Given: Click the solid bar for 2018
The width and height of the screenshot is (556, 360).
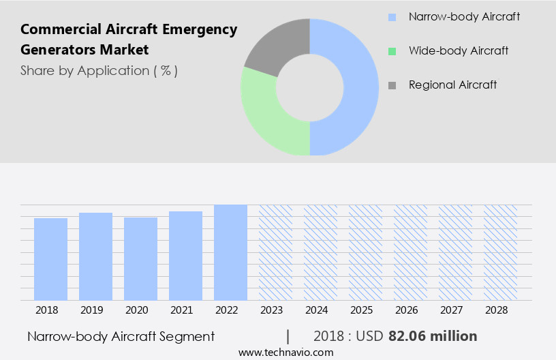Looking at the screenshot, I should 50,259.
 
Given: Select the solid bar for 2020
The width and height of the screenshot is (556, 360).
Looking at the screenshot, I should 140,259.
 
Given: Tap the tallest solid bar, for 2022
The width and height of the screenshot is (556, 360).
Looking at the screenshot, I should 230,252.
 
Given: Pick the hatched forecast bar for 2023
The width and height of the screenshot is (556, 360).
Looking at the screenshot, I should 275,252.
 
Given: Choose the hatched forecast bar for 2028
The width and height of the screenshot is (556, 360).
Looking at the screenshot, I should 500,252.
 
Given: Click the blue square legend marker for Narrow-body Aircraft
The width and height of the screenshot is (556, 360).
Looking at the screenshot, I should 392,17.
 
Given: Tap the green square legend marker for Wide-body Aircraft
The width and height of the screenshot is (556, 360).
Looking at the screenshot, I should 392,51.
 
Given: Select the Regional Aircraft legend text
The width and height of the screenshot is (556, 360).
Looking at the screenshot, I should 452,85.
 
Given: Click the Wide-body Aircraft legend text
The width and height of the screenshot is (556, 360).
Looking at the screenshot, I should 458,51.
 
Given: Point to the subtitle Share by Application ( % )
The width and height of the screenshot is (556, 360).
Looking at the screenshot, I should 99,71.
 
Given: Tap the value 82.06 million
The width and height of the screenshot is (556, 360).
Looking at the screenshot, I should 433,336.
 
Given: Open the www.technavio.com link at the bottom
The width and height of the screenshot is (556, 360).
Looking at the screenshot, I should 285,352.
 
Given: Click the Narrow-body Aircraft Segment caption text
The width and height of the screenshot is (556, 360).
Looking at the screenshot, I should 121,336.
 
